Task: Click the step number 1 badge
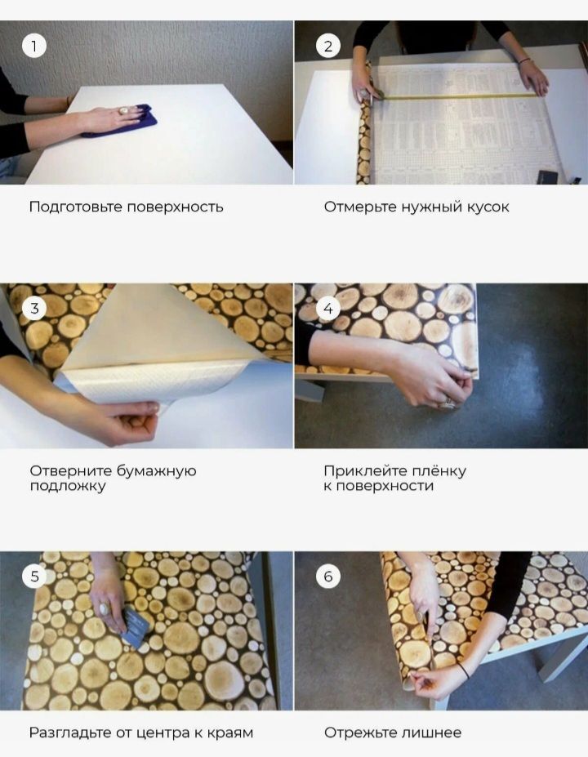tap(33, 46)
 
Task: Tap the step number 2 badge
tap(327, 46)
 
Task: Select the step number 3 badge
tap(33, 308)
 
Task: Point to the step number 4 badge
tap(327, 308)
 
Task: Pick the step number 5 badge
tap(33, 576)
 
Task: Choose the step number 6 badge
tap(327, 576)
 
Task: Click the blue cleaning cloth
tap(118, 122)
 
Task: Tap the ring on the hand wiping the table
tap(124, 111)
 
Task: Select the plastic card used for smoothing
tap(135, 626)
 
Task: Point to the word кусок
tap(488, 207)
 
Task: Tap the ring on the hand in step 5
tap(105, 608)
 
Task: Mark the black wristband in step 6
tap(465, 670)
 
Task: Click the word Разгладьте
tap(70, 733)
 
